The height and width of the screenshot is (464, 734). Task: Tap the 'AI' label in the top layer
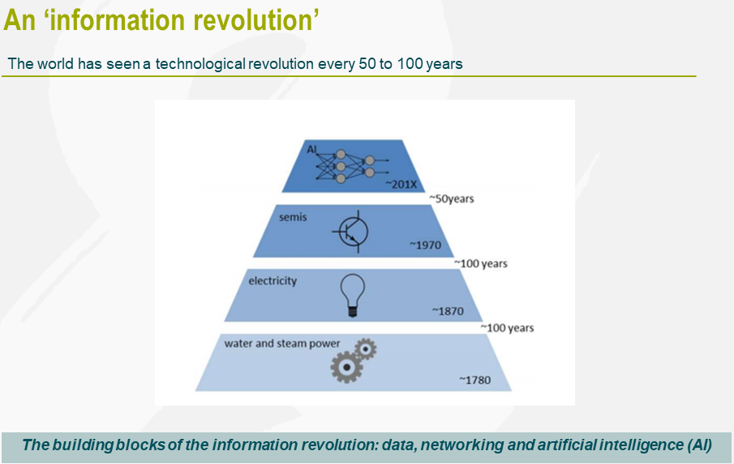(312, 149)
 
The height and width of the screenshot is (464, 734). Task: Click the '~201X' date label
(401, 185)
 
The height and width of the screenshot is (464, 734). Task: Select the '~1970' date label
(425, 244)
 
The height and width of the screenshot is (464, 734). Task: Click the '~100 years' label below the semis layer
(480, 264)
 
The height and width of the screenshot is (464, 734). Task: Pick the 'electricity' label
(273, 281)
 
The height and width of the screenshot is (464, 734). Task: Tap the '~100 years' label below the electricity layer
(507, 328)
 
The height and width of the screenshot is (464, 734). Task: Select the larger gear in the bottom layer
(346, 367)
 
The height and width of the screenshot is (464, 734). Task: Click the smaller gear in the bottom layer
(367, 349)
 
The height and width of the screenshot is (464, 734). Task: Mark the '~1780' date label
(474, 380)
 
